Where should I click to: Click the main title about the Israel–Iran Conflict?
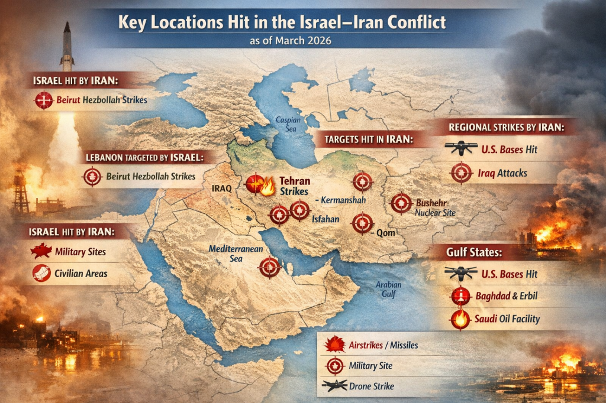282,22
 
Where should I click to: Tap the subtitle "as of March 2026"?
282,41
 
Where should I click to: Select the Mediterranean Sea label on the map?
235,253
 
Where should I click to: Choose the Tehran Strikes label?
295,187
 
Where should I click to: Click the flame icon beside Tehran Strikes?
267,188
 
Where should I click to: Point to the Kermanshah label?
340,200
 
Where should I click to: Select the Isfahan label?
325,219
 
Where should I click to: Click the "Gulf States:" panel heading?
475,252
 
